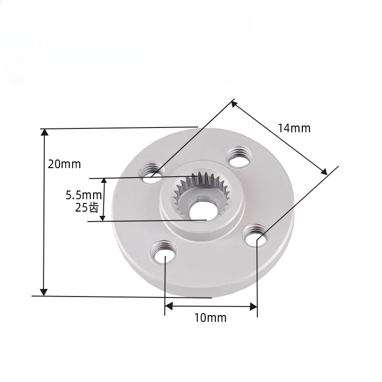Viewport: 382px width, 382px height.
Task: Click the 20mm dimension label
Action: click(64, 164)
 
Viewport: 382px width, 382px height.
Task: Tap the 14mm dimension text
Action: click(294, 128)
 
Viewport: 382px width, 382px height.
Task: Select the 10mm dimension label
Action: click(211, 318)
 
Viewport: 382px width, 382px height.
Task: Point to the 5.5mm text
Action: click(84, 195)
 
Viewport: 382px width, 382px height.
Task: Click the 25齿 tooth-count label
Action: click(86, 207)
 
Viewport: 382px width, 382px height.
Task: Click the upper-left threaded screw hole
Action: click(152, 170)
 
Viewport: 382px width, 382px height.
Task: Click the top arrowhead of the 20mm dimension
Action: click(44, 132)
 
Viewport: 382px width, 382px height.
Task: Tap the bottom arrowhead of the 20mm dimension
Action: click(44, 292)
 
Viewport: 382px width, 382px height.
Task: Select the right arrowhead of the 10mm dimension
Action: click(254, 307)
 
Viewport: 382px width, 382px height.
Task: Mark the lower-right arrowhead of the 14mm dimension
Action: click(324, 171)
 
